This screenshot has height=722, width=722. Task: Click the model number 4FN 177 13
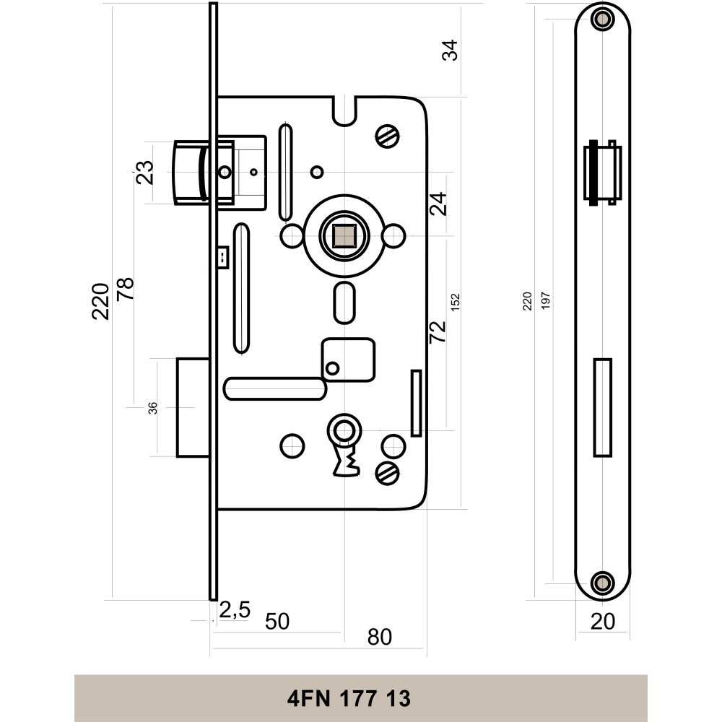(x=349, y=699)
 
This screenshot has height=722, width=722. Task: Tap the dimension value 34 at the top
(x=451, y=51)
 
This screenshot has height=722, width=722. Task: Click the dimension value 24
(x=439, y=204)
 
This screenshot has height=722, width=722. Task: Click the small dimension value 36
(x=152, y=409)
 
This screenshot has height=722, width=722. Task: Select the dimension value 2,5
(x=235, y=610)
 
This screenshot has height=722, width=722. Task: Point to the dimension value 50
(x=277, y=622)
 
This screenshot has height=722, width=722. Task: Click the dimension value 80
(x=380, y=637)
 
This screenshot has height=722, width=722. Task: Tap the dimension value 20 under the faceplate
(x=603, y=622)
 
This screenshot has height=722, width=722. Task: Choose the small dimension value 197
(x=546, y=301)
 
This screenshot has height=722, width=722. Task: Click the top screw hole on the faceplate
(x=601, y=20)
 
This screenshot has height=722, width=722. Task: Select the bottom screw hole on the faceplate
(x=601, y=581)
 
